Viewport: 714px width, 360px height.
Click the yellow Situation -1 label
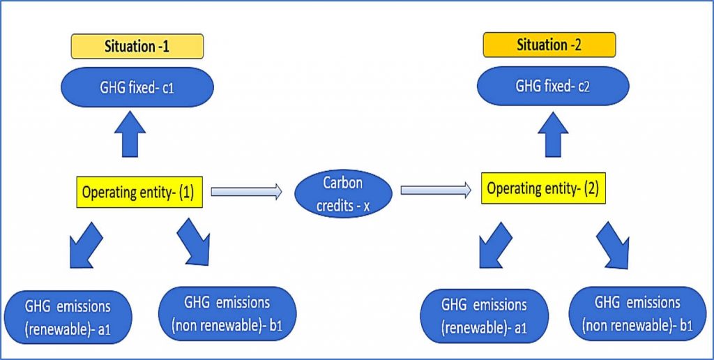click(136, 46)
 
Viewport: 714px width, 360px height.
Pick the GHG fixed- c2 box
click(552, 88)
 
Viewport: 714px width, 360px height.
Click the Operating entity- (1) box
click(139, 192)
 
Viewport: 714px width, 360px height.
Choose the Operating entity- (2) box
click(544, 189)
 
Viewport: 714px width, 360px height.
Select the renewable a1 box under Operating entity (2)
click(485, 315)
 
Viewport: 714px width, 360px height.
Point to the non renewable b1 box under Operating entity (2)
click(637, 313)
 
